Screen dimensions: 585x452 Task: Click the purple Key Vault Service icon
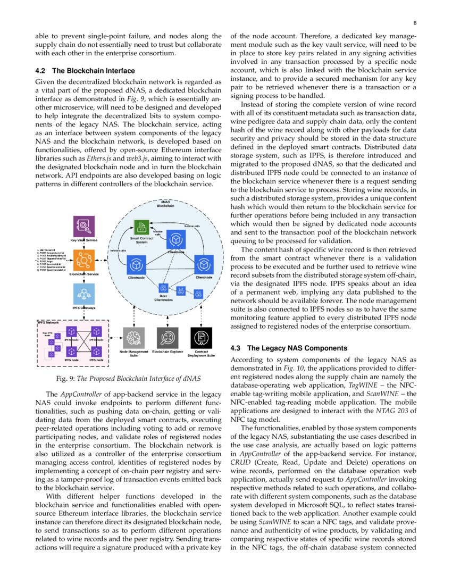point(85,226)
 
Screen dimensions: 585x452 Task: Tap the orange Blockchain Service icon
point(85,259)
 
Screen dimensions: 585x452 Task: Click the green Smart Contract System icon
point(141,228)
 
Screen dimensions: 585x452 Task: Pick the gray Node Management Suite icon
point(133,338)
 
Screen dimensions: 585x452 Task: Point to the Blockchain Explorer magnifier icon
point(168,338)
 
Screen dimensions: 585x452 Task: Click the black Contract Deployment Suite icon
point(201,338)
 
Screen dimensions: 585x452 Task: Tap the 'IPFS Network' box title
point(48,323)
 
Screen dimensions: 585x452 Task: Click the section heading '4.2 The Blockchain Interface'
point(85,71)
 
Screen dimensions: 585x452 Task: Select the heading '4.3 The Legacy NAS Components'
point(289,348)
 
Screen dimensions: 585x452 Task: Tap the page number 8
point(415,23)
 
